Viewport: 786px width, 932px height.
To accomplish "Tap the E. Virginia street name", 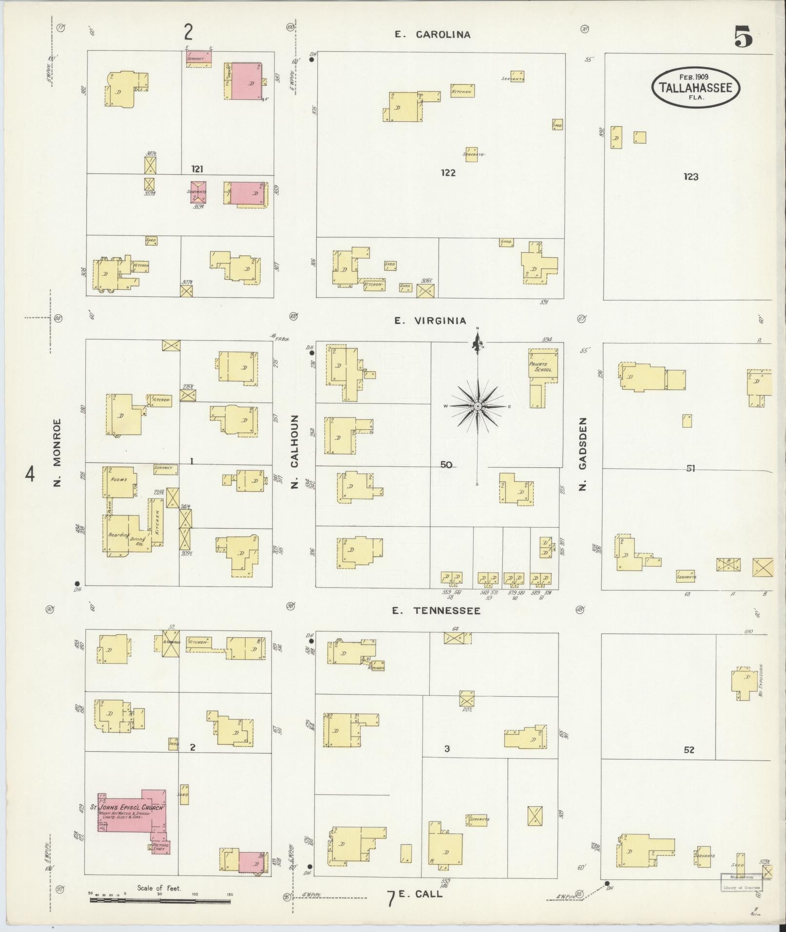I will coord(430,321).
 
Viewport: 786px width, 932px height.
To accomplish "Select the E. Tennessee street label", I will coord(437,610).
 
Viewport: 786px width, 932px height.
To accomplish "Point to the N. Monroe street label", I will coord(58,453).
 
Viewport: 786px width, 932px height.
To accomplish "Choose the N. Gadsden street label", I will coord(583,454).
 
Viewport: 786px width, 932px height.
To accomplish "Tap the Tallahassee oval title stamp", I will coord(695,87).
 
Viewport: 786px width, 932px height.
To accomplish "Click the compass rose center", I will coord(478,406).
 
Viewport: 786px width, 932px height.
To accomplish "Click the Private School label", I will coord(542,367).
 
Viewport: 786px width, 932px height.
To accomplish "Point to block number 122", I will coord(448,172).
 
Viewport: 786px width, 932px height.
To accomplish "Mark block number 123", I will coord(690,177).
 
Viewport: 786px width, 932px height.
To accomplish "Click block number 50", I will coord(446,465).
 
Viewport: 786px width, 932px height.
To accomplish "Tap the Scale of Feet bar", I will coord(160,900).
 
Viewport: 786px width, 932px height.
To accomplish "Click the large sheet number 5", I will coord(743,37).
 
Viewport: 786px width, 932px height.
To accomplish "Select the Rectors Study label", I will coord(160,847).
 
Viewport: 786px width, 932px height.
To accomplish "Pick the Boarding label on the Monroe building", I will coord(118,535).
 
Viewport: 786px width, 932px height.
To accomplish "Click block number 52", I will coord(689,750).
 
